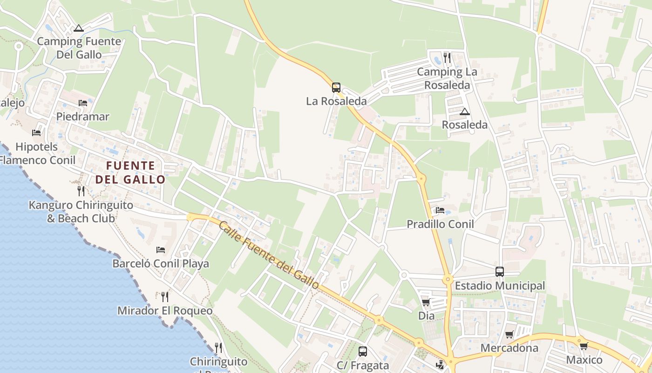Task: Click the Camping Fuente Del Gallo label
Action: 79,48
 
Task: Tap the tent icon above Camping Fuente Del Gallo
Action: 79,28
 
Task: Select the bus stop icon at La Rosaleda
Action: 336,87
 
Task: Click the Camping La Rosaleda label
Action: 447,78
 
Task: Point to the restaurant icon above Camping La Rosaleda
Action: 447,58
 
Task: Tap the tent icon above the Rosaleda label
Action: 464,112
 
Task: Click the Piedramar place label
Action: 83,117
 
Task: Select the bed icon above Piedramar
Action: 83,103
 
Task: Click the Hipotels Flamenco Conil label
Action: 37,153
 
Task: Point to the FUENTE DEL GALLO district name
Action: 130,173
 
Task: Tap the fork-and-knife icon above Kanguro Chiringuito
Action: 81,191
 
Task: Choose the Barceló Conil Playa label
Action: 161,263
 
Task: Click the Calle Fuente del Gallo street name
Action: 269,255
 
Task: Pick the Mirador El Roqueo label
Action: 165,311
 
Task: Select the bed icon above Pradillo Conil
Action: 440,210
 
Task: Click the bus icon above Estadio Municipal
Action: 500,271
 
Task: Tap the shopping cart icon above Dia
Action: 426,302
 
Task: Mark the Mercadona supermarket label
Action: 509,348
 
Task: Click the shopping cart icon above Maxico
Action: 584,346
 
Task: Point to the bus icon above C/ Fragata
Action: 363,352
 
